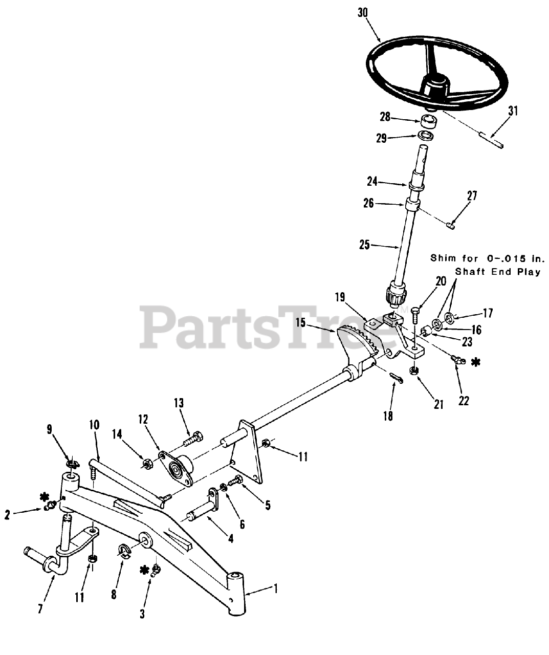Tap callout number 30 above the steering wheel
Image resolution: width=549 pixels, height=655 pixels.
[363, 12]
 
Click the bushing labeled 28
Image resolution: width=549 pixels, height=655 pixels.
[429, 123]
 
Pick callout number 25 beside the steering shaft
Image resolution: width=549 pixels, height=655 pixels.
[364, 245]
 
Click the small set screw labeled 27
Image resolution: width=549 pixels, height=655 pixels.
[450, 224]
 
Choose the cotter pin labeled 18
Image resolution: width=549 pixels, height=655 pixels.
[395, 377]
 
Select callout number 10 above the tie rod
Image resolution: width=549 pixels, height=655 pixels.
[94, 425]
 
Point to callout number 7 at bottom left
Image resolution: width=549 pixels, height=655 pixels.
[40, 608]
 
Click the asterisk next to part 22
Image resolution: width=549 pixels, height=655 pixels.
[476, 362]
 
